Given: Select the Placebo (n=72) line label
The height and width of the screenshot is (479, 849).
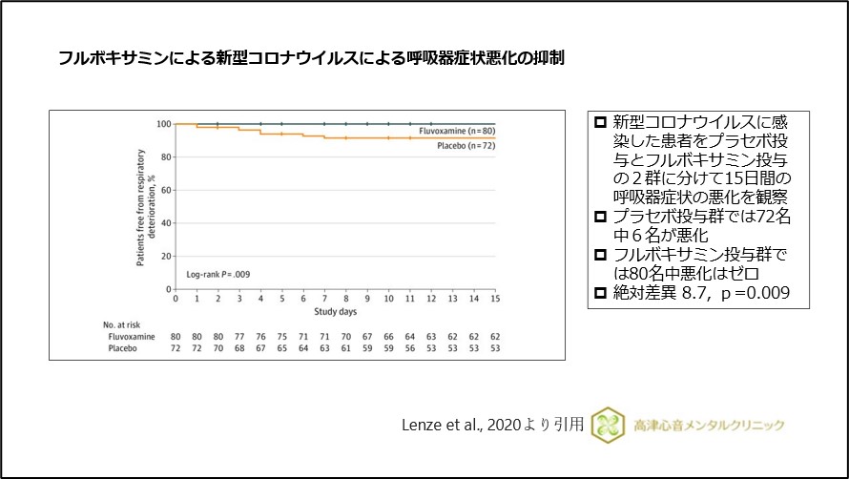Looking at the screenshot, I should tap(466, 145).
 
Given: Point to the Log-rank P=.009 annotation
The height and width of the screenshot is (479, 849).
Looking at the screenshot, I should tap(217, 274).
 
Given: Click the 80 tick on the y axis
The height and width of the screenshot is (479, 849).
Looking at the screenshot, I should tap(165, 157).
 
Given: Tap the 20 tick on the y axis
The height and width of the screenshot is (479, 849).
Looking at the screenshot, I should tap(165, 257).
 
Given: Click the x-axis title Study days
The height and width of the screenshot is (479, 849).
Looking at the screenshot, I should tap(335, 311).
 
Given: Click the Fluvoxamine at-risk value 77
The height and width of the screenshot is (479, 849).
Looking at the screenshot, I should tap(239, 337).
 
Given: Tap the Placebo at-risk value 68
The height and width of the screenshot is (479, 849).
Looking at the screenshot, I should tap(239, 350).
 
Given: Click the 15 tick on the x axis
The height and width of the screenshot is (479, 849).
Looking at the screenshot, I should tap(495, 299).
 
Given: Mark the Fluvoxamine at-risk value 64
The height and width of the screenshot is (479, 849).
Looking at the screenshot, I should tap(410, 337).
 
